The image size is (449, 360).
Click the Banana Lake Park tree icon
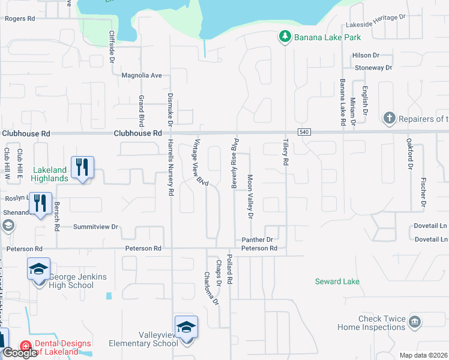pyautogui.click(x=285, y=37)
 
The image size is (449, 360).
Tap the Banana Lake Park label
pyautogui.click(x=328, y=37)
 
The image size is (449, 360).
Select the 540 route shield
pyautogui.click(x=303, y=132)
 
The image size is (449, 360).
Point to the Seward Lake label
pyautogui.click(x=337, y=281)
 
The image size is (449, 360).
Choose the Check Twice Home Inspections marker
pyautogui.click(x=415, y=323)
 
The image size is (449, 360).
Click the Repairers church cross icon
pyautogui.click(x=390, y=118)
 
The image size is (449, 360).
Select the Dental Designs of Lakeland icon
pyautogui.click(x=25, y=347)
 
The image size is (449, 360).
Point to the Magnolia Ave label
pyautogui.click(x=142, y=76)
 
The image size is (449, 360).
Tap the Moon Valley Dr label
pyautogui.click(x=250, y=196)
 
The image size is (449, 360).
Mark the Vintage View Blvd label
pyautogui.click(x=200, y=163)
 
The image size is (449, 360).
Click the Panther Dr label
pyautogui.click(x=258, y=239)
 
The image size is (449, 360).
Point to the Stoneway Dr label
pyautogui.click(x=373, y=68)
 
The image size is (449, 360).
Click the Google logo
pyautogui.click(x=20, y=353)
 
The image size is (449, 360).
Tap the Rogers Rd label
pyautogui.click(x=20, y=19)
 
